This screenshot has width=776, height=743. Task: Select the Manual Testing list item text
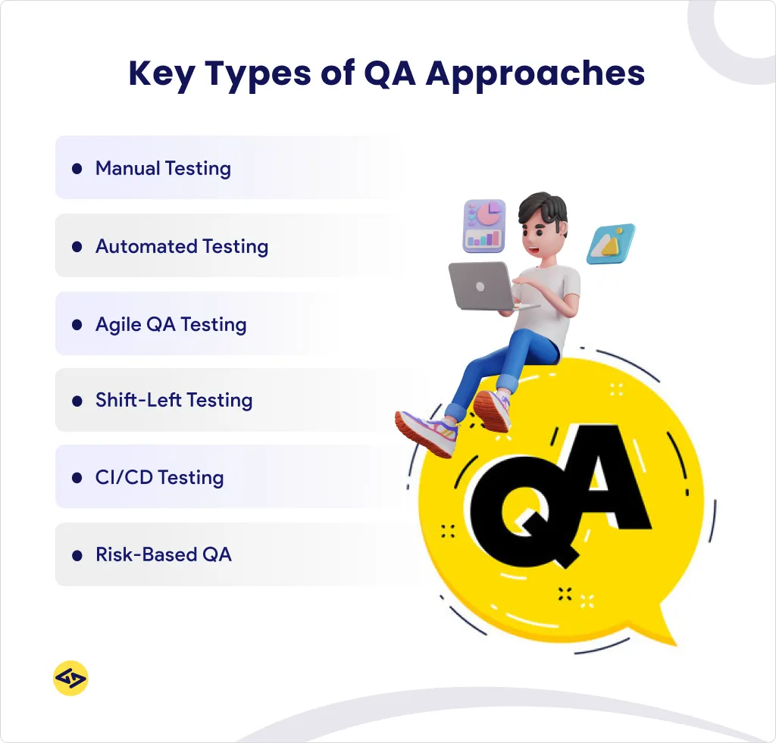[163, 168]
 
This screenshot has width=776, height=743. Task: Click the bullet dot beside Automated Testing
[77, 247]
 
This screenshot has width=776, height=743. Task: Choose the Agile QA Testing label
[171, 325]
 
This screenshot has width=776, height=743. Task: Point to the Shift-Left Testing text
[174, 400]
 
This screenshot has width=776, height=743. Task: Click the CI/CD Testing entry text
[159, 478]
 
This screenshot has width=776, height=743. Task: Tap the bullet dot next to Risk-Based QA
[77, 556]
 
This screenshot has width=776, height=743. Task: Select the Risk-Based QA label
[163, 555]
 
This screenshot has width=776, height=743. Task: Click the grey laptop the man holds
[480, 286]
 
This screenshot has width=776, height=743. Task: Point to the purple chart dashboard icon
[484, 225]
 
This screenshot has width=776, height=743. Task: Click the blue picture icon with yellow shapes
[611, 243]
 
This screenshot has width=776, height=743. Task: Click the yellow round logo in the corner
[70, 679]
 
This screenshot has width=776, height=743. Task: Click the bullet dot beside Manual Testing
[77, 169]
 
